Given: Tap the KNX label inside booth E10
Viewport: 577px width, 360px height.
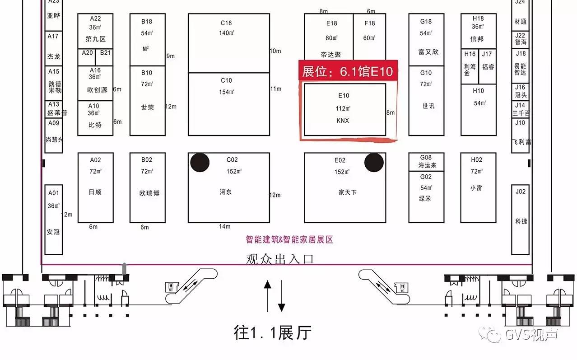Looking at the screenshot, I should tap(343, 121).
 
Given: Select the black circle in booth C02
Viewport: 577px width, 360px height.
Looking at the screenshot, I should tap(200, 163).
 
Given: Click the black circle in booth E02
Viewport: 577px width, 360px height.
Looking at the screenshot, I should tap(374, 163).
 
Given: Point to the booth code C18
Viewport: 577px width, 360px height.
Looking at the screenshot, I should tap(226, 23).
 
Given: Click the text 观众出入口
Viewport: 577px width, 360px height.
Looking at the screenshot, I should tap(279, 259).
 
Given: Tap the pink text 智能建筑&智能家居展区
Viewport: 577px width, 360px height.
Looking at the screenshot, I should tap(289, 240).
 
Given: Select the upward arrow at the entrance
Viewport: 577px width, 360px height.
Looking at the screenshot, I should tap(268, 295).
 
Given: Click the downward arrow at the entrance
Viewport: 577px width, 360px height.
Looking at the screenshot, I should tap(281, 296).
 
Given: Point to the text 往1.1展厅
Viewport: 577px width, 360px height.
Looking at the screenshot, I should tap(273, 333).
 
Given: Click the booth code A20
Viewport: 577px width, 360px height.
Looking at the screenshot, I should tap(87, 53).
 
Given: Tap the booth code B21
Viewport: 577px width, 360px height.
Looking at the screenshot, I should tap(105, 53).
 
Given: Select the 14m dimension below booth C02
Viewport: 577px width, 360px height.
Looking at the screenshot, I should tap(225, 226).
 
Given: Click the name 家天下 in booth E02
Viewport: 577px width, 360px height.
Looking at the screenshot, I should tap(348, 192).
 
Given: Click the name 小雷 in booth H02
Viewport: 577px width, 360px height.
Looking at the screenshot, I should tap(476, 187).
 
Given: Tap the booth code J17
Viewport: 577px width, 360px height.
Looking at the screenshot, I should tap(487, 54).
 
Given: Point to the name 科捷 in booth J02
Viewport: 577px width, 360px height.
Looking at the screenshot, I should tap(521, 221).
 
